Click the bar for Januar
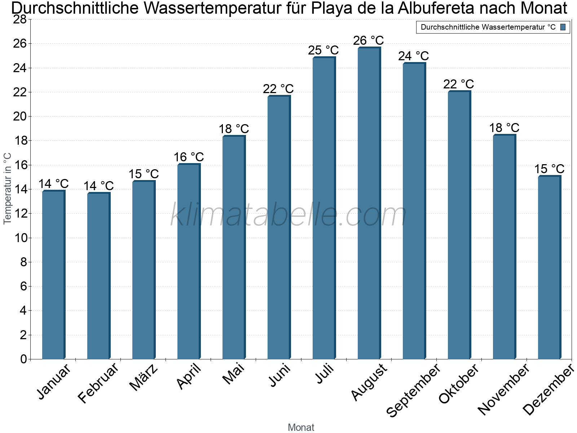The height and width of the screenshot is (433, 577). tap(53, 275)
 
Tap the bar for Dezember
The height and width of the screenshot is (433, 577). tap(549, 267)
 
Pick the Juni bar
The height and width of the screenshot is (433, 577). tap(279, 227)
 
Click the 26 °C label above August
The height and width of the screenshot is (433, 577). tap(369, 40)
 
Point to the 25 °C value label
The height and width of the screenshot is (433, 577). tap(323, 50)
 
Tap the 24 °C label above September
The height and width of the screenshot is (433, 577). tap(414, 56)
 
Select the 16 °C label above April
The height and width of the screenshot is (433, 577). tap(189, 157)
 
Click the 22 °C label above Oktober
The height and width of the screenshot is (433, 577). tap(459, 84)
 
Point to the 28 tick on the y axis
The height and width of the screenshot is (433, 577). tap(20, 19)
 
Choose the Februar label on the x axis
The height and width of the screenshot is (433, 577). tap(98, 382)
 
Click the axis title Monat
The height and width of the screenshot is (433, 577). tap(301, 428)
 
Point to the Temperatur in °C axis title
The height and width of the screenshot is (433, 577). tap(8, 188)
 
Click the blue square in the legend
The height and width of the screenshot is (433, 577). tap(563, 27)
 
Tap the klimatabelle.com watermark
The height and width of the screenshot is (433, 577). tap(288, 215)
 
